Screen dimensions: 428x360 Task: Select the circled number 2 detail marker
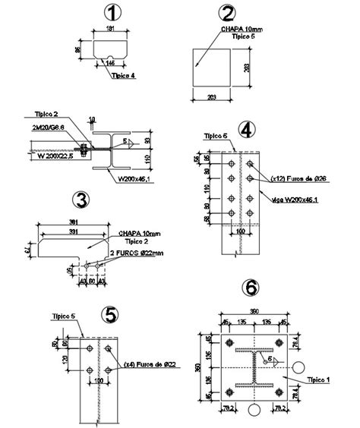pos(227,13)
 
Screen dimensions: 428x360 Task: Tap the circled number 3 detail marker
pos(81,200)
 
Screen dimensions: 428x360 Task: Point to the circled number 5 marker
pos(111,314)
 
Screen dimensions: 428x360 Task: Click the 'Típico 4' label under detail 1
pos(123,76)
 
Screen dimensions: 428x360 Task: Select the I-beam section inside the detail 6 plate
pos(248,363)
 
